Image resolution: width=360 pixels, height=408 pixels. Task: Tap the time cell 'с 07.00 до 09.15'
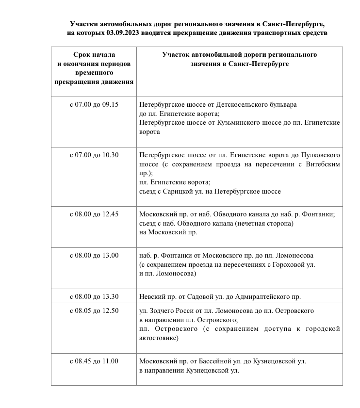click(x=94, y=104)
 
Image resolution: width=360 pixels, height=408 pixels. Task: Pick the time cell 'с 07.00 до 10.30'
click(x=94, y=155)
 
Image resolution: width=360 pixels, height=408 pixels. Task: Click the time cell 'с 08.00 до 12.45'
click(x=94, y=214)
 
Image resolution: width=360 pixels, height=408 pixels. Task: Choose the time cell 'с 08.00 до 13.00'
click(x=94, y=255)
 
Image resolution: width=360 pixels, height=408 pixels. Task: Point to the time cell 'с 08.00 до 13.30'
click(x=94, y=296)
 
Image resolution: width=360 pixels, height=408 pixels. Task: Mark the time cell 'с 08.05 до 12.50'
click(x=94, y=310)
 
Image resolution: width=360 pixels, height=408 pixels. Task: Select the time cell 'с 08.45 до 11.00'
click(x=94, y=361)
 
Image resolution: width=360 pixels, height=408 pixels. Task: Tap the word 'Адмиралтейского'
click(x=262, y=296)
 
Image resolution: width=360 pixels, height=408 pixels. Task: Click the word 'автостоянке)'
click(x=158, y=338)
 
